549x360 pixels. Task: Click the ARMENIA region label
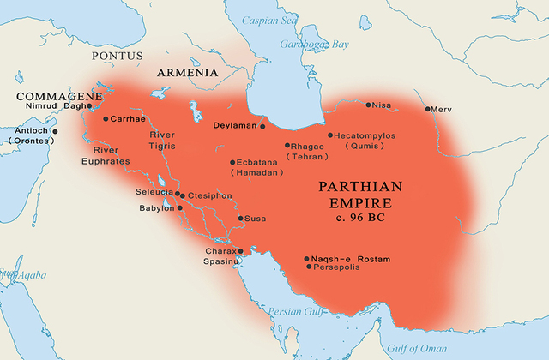coord(187,74)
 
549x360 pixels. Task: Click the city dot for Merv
coord(428,110)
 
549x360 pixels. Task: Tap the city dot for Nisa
coord(369,105)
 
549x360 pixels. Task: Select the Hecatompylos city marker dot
coord(330,135)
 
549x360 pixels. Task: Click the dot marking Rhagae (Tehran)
coord(287,146)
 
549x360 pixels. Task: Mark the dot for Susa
coord(240,219)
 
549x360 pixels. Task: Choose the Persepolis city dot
coord(309,267)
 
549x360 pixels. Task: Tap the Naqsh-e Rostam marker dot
coord(306,258)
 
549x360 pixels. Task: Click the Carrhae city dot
coord(106,118)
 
